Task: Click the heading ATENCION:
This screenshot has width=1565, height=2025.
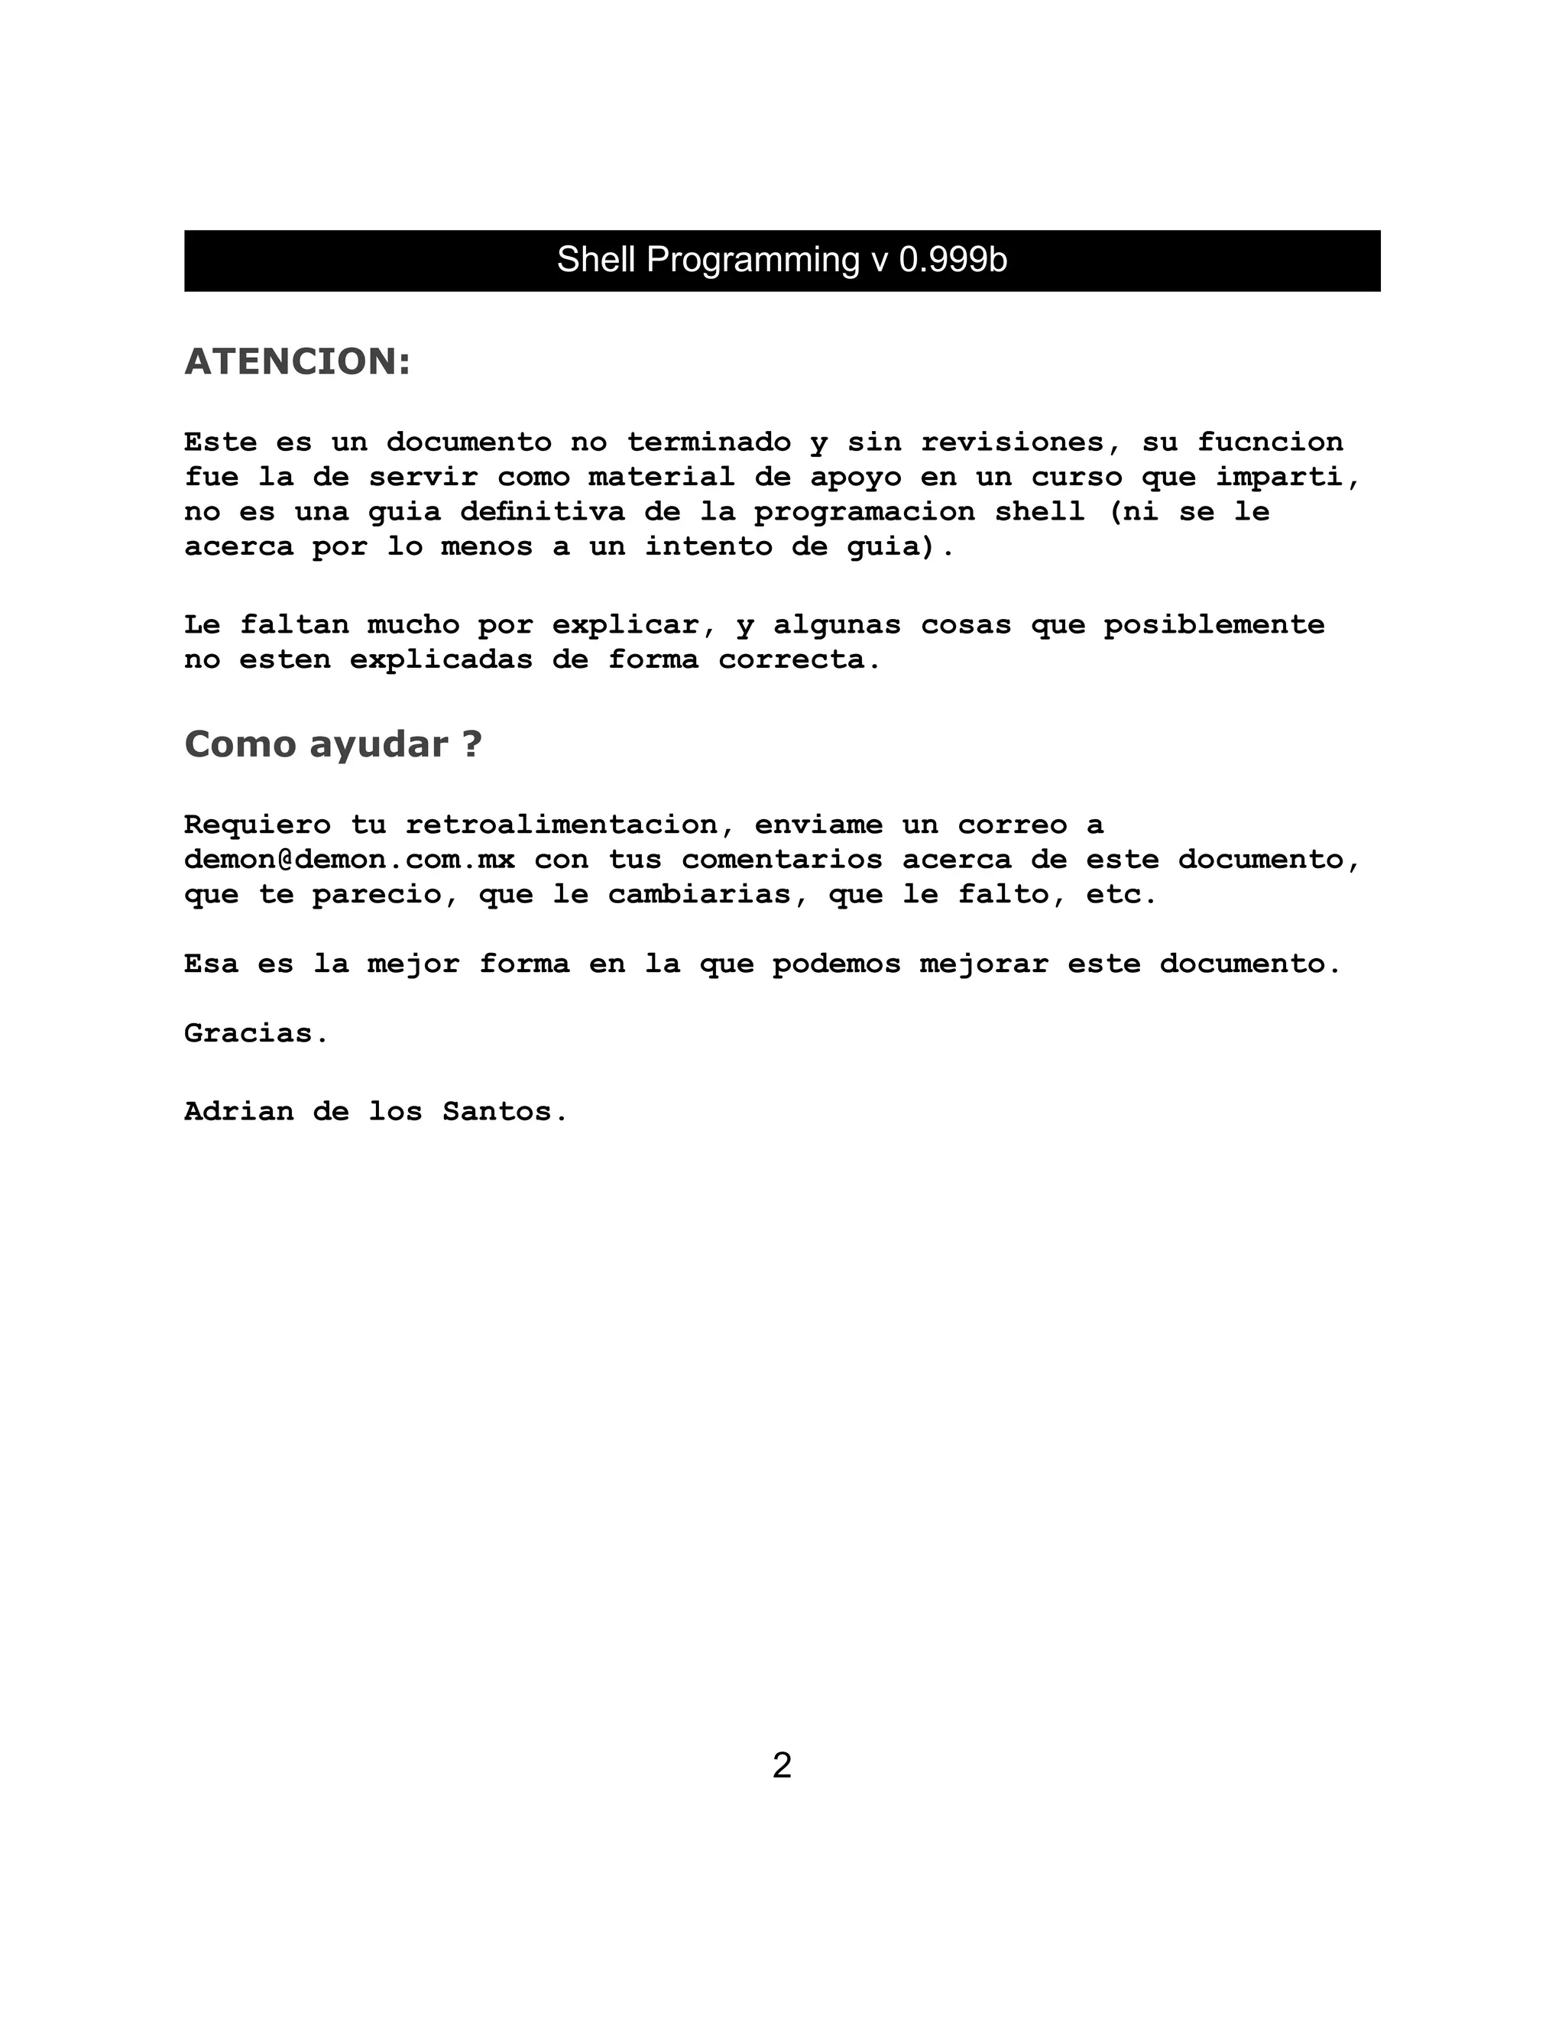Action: click(x=296, y=361)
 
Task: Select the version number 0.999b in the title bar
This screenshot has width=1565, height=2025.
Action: click(x=953, y=261)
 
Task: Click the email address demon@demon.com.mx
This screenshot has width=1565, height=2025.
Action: click(x=349, y=860)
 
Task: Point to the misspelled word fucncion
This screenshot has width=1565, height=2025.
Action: click(x=1269, y=442)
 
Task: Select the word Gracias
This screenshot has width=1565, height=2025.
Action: click(x=256, y=1033)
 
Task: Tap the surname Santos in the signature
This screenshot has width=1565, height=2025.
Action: click(x=504, y=1111)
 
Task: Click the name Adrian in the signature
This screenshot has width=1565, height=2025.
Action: click(x=238, y=1111)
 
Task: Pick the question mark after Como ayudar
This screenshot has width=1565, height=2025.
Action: click(x=472, y=744)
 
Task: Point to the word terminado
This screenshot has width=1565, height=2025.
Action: click(x=708, y=442)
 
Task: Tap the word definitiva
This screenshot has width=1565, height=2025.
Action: click(x=543, y=512)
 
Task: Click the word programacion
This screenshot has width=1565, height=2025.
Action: click(x=864, y=512)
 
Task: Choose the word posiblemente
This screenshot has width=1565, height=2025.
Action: click(x=1213, y=625)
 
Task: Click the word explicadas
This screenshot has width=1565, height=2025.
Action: click(x=440, y=660)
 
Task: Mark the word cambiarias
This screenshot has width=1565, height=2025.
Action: click(x=708, y=895)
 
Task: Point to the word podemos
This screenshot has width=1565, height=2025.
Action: click(x=836, y=964)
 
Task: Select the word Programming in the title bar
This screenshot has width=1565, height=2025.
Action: click(x=753, y=261)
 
